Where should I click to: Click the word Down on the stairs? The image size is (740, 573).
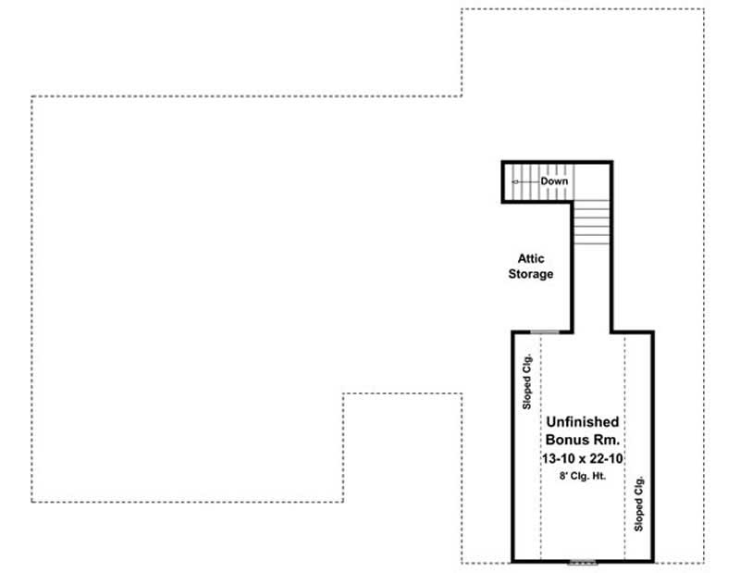(554, 181)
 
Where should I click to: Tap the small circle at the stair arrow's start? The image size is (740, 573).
(515, 182)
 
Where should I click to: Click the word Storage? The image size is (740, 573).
(530, 274)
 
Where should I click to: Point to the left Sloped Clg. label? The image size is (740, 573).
(526, 381)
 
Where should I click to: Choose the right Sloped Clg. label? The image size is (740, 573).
(638, 503)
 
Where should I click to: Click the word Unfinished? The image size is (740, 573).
(582, 422)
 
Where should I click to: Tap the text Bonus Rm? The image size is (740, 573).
(582, 440)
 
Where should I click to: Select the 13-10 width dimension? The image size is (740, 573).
(560, 458)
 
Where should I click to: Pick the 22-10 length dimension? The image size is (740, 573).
(604, 458)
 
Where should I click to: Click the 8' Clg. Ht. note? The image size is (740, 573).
(582, 475)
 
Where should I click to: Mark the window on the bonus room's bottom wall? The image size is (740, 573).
(582, 562)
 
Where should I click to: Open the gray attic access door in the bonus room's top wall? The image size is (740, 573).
(545, 330)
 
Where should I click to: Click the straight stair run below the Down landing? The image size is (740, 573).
(592, 221)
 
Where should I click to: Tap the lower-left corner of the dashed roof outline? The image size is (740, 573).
(31, 502)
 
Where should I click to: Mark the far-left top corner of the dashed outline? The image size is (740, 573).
(31, 96)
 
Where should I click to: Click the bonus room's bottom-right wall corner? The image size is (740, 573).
(652, 561)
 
